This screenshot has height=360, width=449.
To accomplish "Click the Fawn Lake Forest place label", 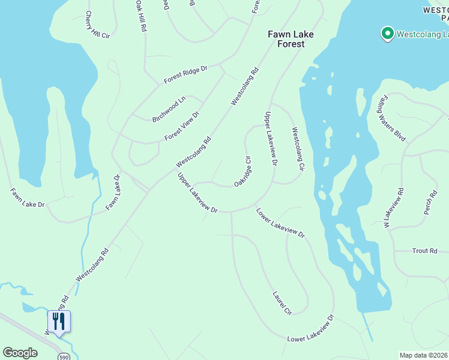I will point(291,39).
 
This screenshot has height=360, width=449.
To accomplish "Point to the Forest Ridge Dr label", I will point(186,76).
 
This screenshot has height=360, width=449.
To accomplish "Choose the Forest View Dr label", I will point(182,126).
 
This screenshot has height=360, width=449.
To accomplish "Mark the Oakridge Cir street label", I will point(242,171).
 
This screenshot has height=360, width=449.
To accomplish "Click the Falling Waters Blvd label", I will point(393,118).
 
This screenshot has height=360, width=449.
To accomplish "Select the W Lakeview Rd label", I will point(393,207).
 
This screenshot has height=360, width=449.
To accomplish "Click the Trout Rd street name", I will point(424,251).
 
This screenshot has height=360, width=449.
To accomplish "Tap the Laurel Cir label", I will point(282,304).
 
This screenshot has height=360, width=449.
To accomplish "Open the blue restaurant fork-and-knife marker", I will point(59,322).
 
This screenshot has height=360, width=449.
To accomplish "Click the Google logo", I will point(20,353).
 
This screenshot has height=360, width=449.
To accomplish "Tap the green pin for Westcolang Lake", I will point(387,34).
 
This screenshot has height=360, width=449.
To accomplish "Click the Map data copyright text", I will point(424,355).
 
